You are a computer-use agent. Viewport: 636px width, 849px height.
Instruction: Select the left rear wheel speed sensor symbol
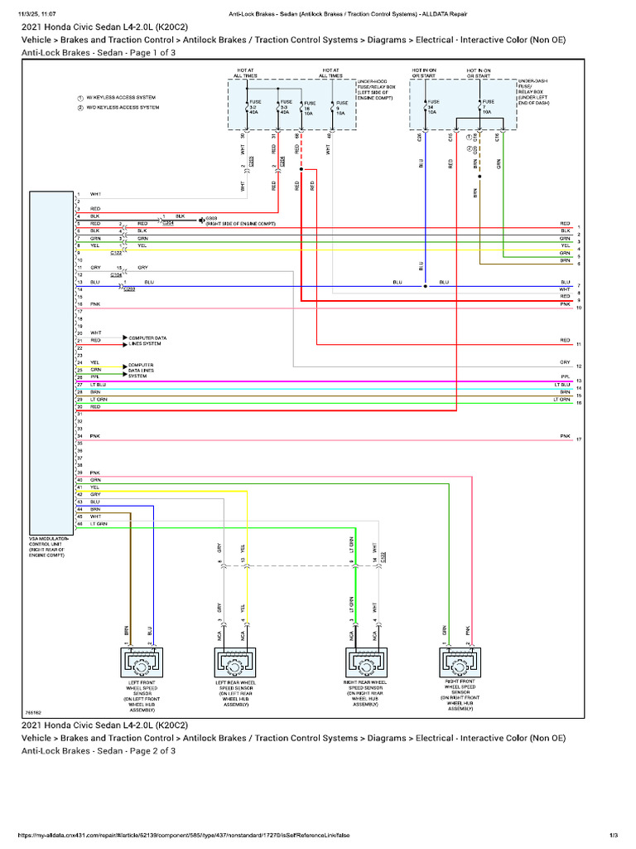click(x=234, y=663)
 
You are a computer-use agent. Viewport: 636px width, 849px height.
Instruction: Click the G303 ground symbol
click(x=201, y=220)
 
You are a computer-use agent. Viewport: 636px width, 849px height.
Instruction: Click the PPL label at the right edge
click(x=565, y=376)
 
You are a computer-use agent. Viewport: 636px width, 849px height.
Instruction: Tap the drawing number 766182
click(x=34, y=712)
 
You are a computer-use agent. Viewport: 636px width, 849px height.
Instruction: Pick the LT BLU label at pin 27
click(x=98, y=385)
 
